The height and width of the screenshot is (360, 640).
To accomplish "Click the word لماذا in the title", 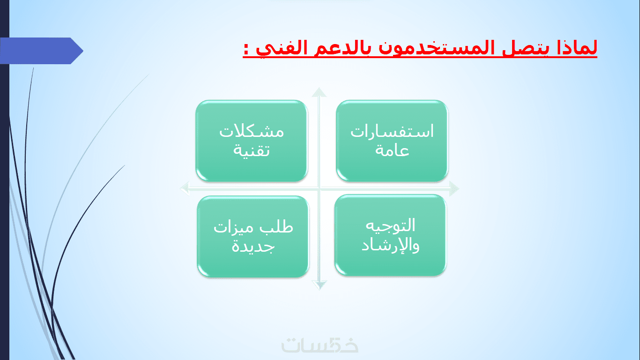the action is tap(577, 48).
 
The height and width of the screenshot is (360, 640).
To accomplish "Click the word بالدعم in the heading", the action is tap(341, 48).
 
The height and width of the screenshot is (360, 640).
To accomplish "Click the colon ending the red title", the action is tap(246, 49).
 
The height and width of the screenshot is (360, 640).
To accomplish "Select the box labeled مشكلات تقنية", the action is tap(252, 141).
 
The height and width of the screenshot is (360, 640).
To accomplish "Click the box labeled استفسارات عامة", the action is tap(392, 141).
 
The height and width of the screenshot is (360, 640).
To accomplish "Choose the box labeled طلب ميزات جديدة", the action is tap(253, 236).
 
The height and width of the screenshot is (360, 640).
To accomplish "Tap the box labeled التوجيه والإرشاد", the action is tap(390, 235).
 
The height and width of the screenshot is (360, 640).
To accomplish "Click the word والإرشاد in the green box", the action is tap(390, 245).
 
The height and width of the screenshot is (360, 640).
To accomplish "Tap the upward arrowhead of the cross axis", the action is tap(319, 92).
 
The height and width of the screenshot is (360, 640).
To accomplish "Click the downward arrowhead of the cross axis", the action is tap(319, 285).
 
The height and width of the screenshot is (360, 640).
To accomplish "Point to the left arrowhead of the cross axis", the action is tap(185, 188).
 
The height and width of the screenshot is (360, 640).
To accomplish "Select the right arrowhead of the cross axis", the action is tap(454, 188).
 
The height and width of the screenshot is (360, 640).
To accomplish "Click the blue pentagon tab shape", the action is tap(41, 51).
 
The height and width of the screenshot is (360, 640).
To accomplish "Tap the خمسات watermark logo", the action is tap(320, 345).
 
